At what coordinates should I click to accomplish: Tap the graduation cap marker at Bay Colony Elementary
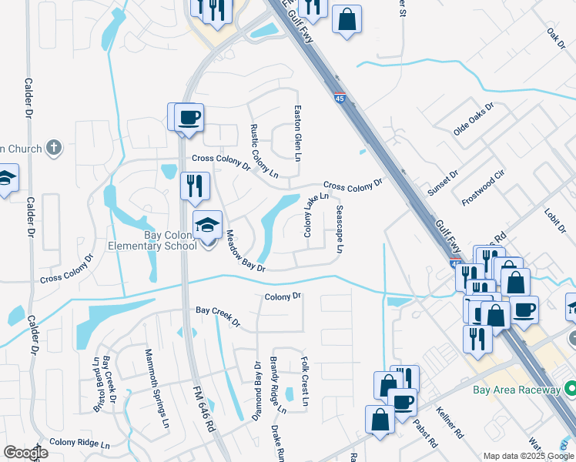pos(207,226)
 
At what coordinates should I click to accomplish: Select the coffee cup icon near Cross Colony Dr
pos(189,118)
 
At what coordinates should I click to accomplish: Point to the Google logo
pos(25,453)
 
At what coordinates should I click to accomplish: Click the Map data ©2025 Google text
pos(527,456)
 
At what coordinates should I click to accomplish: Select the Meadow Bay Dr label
pos(245,252)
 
